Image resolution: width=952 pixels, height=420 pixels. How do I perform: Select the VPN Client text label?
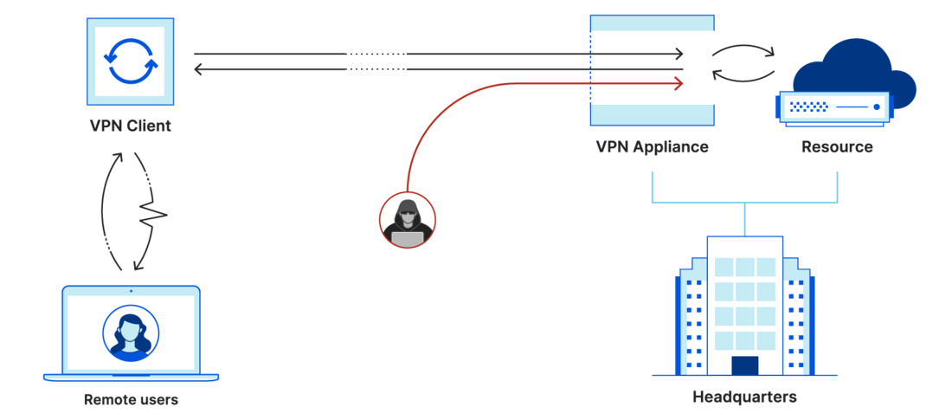[131, 126]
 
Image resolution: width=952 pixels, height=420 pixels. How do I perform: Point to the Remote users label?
[131, 400]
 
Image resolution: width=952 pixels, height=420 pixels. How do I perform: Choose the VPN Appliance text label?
[652, 146]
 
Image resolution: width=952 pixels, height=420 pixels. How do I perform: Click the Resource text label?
[837, 146]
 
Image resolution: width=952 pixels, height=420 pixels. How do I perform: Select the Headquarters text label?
[744, 397]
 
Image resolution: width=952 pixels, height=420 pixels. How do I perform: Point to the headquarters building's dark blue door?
[744, 365]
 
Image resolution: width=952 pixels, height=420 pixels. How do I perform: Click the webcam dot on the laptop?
[131, 291]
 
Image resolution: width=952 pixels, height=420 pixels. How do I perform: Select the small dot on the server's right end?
[877, 107]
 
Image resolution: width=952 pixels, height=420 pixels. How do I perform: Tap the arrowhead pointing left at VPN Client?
[199, 69]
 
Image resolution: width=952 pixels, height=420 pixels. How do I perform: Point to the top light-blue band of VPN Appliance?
[652, 26]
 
